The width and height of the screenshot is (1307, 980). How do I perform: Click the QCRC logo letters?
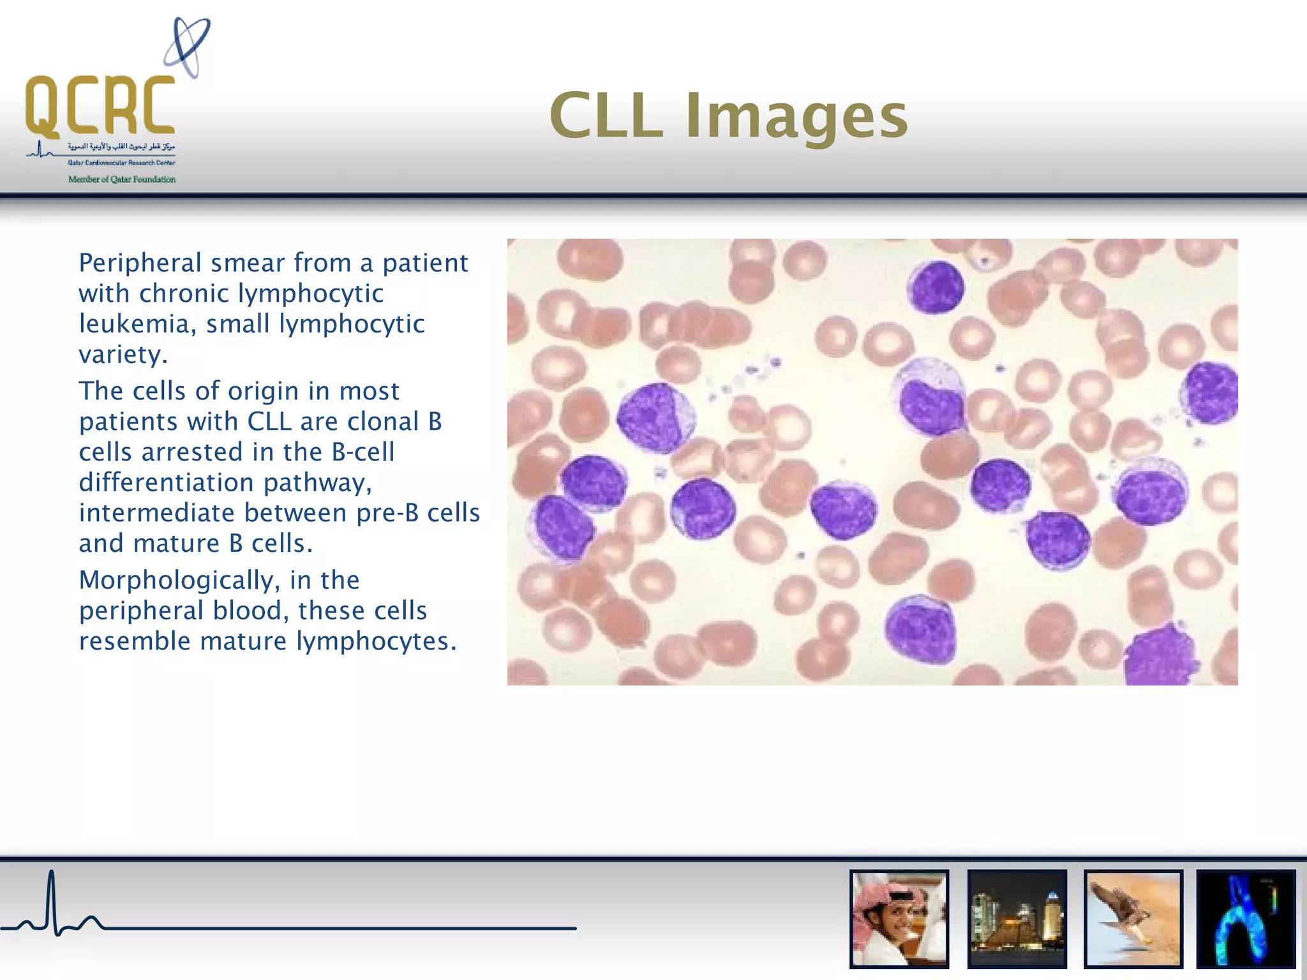[x=100, y=105]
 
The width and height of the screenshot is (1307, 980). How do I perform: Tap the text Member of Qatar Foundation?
[x=121, y=179]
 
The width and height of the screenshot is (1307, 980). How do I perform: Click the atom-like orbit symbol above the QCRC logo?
[x=187, y=47]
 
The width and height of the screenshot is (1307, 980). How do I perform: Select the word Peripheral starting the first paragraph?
[x=140, y=263]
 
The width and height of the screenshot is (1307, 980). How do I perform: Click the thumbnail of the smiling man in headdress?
[x=899, y=919]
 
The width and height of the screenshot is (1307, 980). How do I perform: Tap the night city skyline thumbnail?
[x=1017, y=919]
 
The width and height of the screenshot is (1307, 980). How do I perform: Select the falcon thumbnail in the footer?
[x=1133, y=919]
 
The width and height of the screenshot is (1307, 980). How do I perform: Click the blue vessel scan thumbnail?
[x=1245, y=919]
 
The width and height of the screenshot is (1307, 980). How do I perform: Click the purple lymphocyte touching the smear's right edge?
[x=1210, y=393]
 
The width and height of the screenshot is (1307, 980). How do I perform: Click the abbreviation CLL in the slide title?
[x=606, y=116]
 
